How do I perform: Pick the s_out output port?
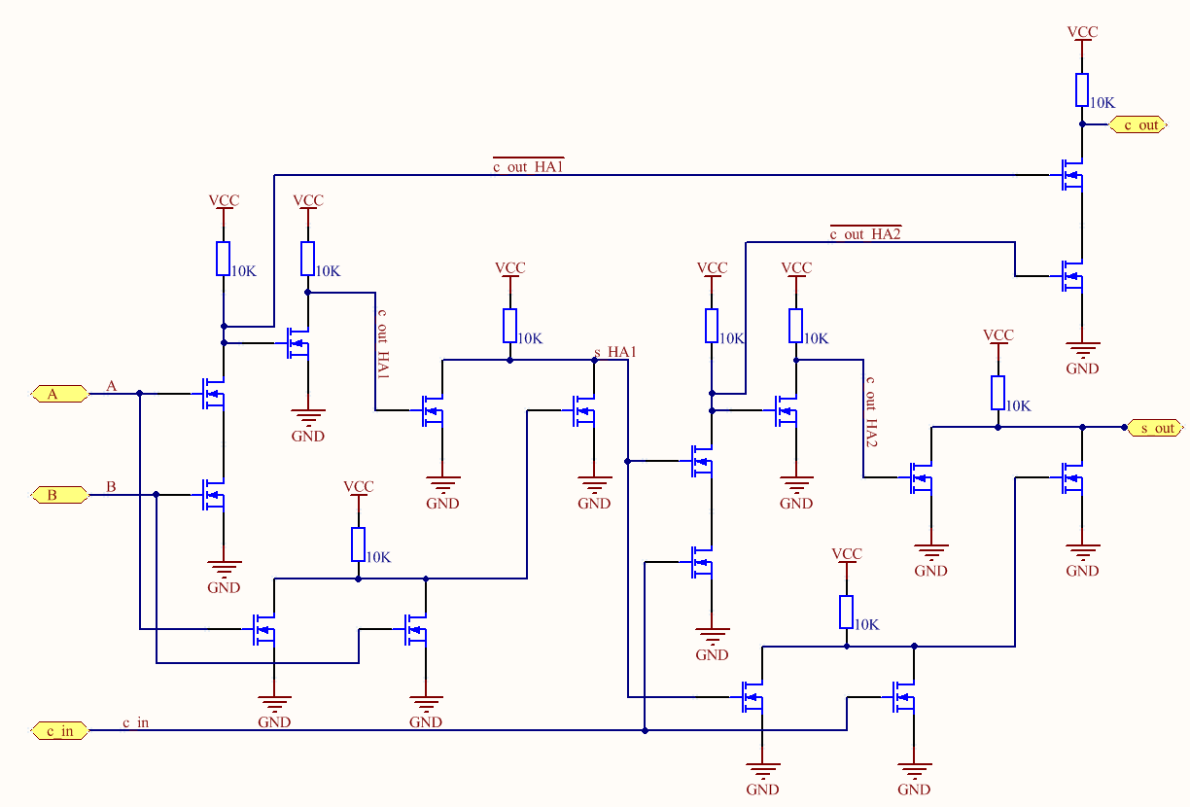pyautogui.click(x=1154, y=428)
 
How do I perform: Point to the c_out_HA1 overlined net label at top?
pyautogui.click(x=528, y=166)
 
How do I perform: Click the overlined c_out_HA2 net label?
pyautogui.click(x=864, y=233)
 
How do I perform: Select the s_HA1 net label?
pyautogui.click(x=614, y=351)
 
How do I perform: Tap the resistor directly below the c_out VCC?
pyautogui.click(x=1082, y=89)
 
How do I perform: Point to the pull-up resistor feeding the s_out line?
pyautogui.click(x=997, y=393)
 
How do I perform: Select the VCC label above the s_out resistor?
pyautogui.click(x=997, y=335)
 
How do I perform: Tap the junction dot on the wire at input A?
pyautogui.click(x=140, y=394)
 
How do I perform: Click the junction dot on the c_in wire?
pyautogui.click(x=645, y=730)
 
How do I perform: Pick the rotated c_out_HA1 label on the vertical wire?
pyautogui.click(x=382, y=345)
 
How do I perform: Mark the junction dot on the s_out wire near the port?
pyautogui.click(x=1082, y=427)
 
